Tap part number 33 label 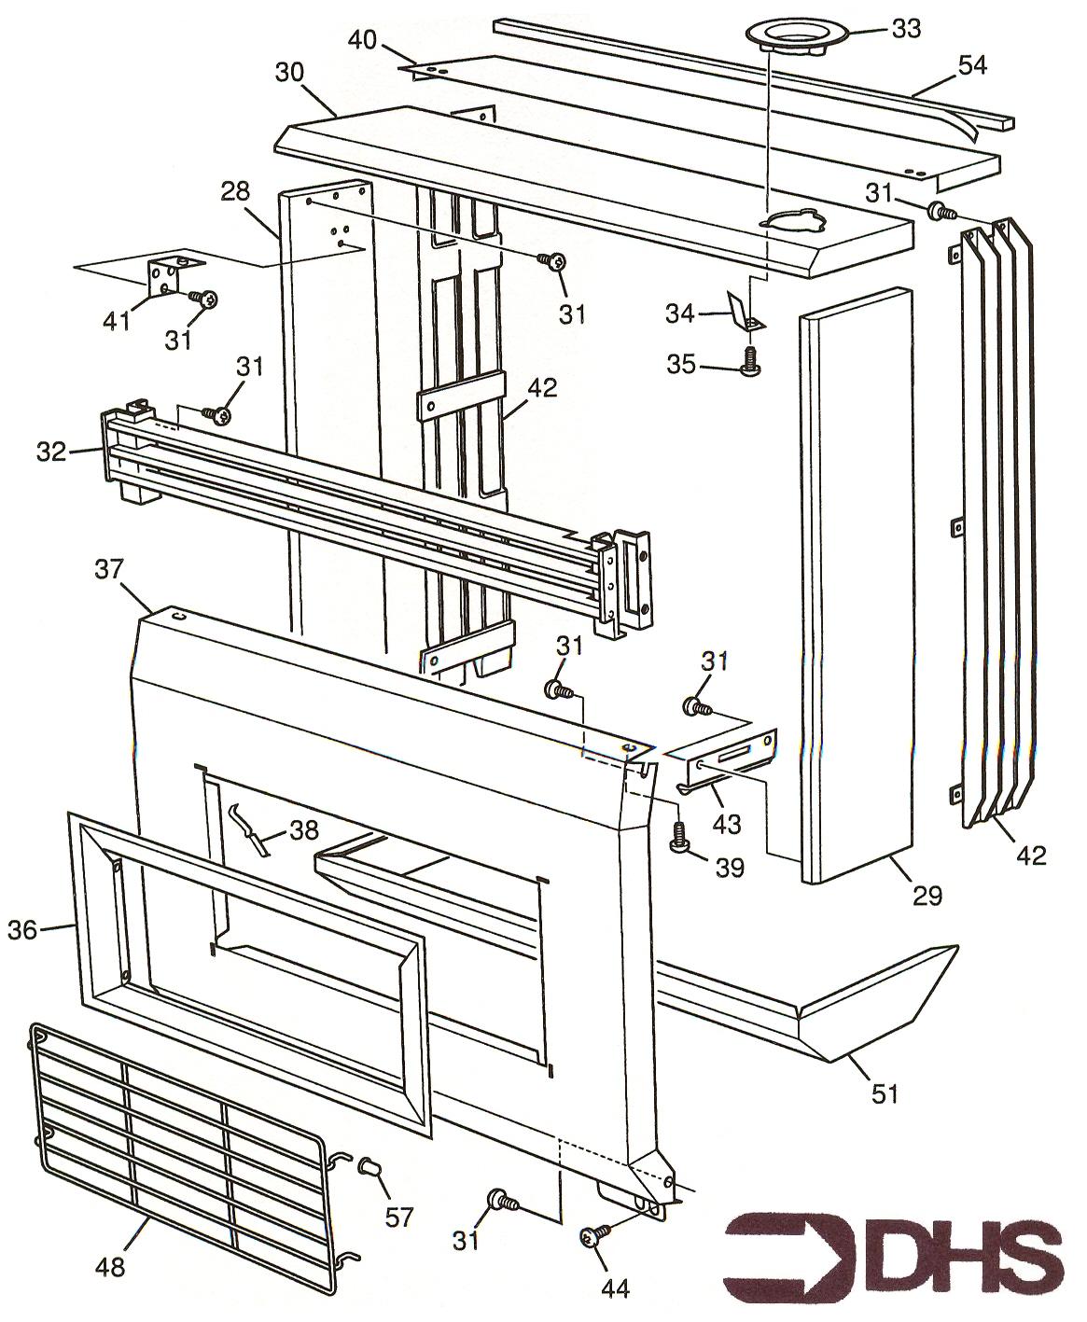tap(905, 29)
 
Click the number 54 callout tap(971, 65)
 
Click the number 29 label tap(927, 896)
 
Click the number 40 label tap(362, 40)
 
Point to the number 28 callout tap(235, 193)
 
